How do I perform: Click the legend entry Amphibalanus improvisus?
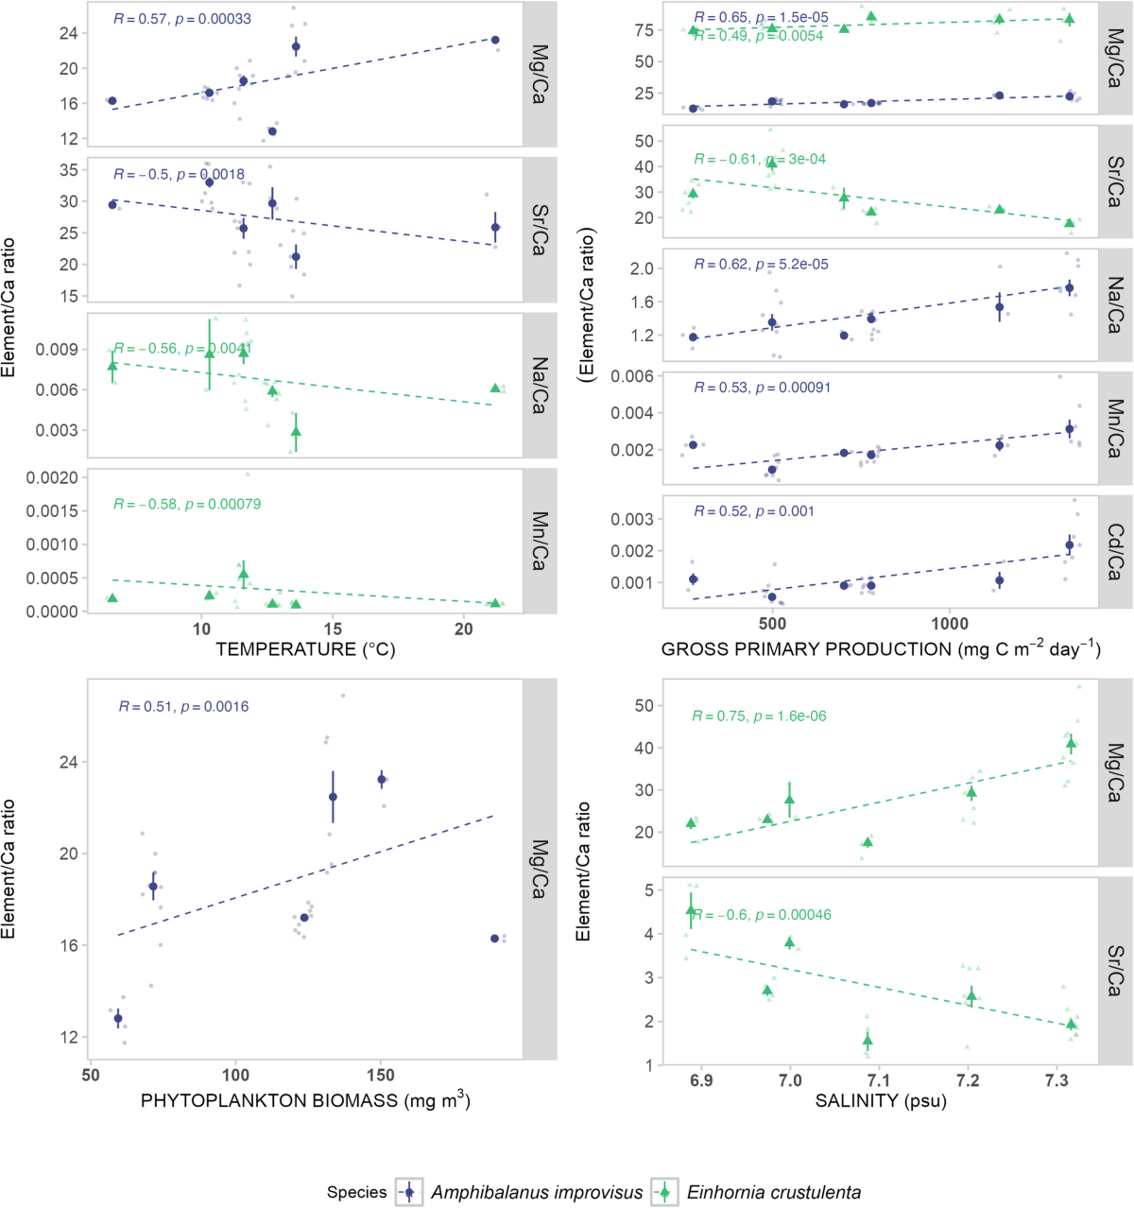(536, 1192)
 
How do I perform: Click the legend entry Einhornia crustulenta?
(773, 1192)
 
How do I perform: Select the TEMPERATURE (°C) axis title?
(305, 649)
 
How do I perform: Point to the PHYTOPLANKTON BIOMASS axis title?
(305, 1100)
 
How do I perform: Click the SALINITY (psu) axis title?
(881, 1101)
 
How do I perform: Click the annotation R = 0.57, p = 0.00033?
(182, 19)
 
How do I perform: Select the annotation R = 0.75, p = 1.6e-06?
(759, 716)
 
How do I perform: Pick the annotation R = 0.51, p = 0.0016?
(183, 706)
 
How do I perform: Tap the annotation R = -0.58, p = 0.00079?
(187, 504)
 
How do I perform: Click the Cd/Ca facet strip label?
(1115, 552)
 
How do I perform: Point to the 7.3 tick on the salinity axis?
(1057, 1080)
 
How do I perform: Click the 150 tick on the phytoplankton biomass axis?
(381, 1075)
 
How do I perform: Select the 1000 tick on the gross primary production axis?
(950, 624)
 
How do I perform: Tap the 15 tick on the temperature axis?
(333, 630)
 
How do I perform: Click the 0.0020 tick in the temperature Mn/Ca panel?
(52, 477)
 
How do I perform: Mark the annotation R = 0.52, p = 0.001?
(753, 511)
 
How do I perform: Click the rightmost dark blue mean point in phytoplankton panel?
(494, 939)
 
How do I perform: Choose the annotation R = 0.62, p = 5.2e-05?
(761, 265)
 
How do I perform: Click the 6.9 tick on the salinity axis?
(700, 1080)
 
